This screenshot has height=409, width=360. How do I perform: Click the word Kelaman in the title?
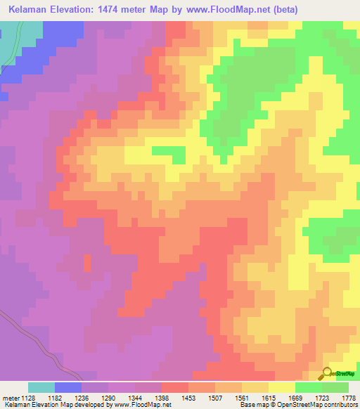coord(30,10)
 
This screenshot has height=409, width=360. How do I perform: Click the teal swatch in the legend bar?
coord(41,387)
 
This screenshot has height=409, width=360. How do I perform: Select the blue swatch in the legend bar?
coord(68,387)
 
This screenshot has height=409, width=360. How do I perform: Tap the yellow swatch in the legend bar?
coord(282,387)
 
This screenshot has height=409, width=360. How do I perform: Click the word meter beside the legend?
coord(10,398)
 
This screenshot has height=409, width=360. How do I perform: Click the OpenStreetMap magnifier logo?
coord(328,372)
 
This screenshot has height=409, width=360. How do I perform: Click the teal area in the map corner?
coord(8,42)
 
